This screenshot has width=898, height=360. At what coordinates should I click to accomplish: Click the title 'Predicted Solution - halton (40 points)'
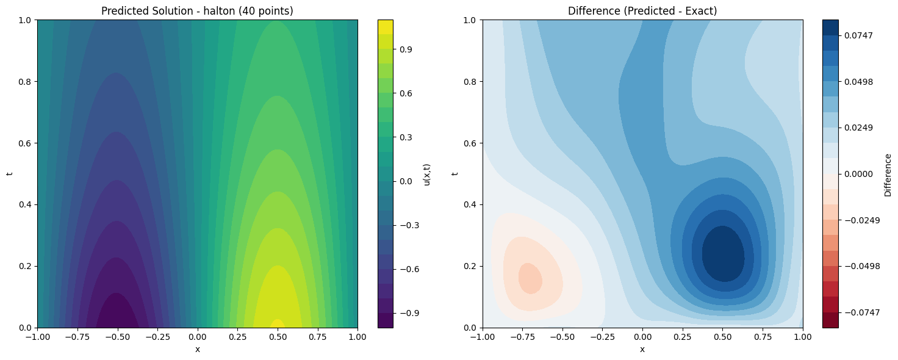[x=197, y=11]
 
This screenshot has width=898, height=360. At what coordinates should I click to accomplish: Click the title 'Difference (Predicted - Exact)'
[x=642, y=11]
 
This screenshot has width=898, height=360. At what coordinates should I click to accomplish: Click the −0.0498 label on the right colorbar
[x=858, y=266]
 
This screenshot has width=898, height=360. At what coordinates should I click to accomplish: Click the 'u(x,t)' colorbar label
[x=428, y=174]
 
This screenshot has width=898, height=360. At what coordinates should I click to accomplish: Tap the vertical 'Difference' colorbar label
[x=888, y=174]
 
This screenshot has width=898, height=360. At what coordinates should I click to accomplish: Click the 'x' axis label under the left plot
[x=197, y=349]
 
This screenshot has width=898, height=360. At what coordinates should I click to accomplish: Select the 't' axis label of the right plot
[x=454, y=174]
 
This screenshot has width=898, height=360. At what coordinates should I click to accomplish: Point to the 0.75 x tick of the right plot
[x=763, y=337]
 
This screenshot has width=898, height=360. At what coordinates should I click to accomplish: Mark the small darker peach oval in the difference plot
[x=530, y=278]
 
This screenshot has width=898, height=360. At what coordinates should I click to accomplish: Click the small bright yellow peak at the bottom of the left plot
[x=277, y=324]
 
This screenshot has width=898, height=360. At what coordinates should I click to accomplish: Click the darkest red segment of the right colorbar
[x=830, y=320]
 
